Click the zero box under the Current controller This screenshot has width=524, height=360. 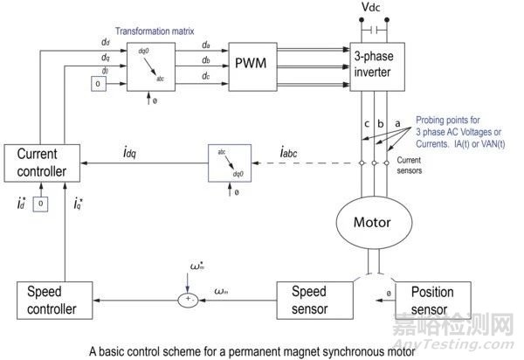40,204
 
